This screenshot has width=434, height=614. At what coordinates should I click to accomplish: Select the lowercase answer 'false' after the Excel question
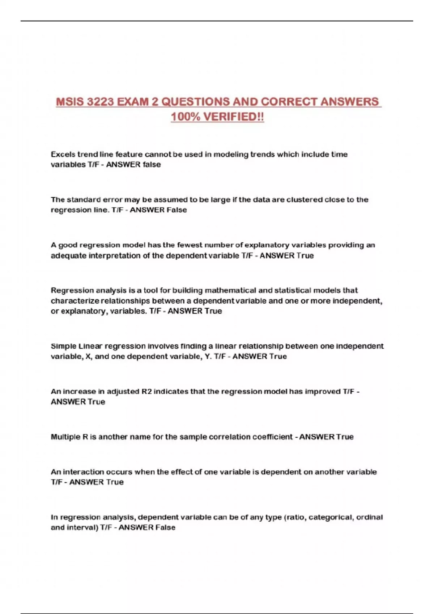152,165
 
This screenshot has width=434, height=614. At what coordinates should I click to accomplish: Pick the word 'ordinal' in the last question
369,517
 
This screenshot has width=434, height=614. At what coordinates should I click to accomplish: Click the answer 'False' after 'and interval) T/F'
165,528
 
